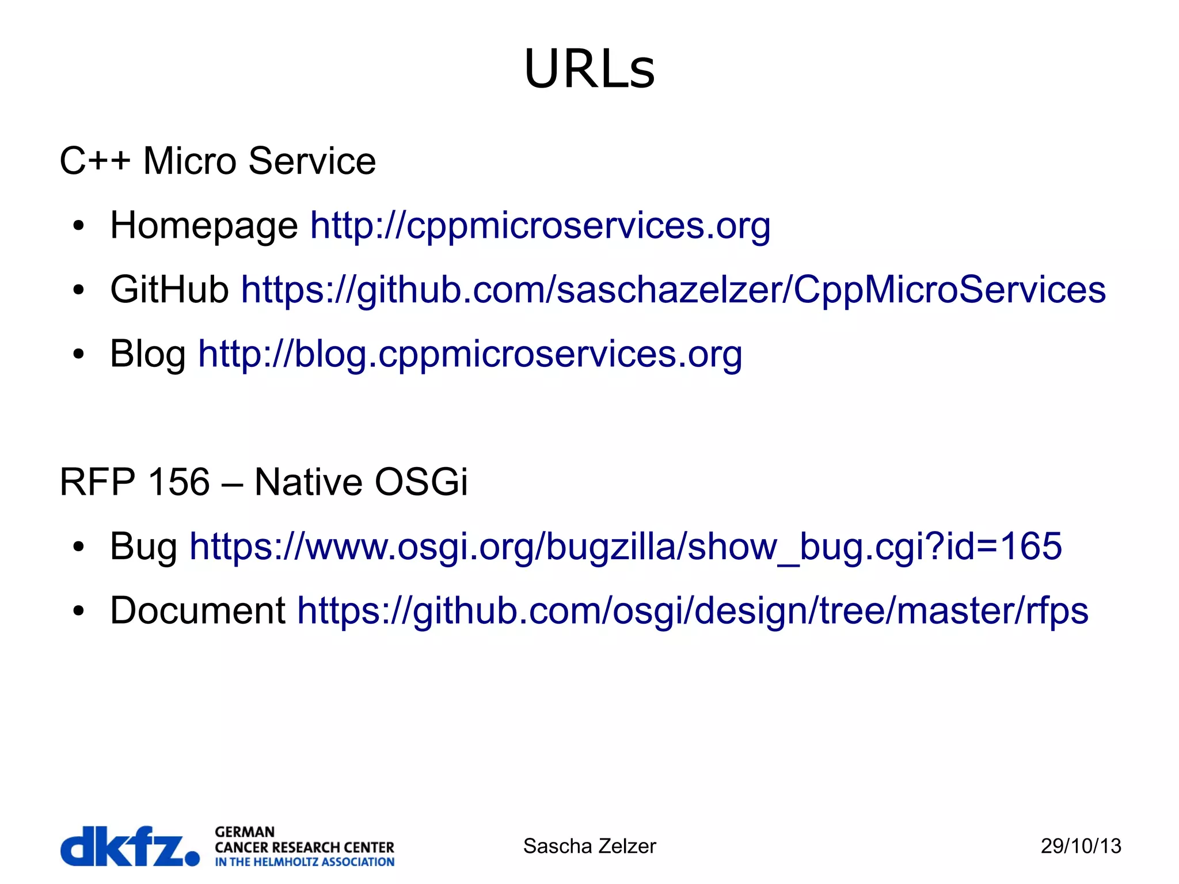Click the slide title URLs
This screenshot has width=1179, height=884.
(589, 69)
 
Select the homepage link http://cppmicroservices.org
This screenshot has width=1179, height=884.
(540, 225)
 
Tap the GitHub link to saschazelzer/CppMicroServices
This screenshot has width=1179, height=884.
(673, 289)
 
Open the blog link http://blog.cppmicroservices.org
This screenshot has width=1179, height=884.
(470, 354)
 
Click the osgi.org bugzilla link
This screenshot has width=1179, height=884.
(625, 546)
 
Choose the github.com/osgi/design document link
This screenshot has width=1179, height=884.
(692, 610)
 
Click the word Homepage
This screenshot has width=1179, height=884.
(204, 225)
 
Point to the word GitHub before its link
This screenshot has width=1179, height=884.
(169, 289)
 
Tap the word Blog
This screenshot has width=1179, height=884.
(147, 354)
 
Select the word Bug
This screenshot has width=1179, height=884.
(143, 546)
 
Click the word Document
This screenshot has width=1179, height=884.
(197, 610)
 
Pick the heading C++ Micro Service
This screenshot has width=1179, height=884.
(218, 161)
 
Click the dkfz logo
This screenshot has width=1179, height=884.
(130, 846)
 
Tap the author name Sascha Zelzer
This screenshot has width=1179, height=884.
(589, 846)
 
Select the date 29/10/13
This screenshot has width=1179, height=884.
(1081, 846)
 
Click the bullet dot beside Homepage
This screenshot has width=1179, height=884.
(79, 226)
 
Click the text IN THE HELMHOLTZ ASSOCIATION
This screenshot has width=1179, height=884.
(305, 862)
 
